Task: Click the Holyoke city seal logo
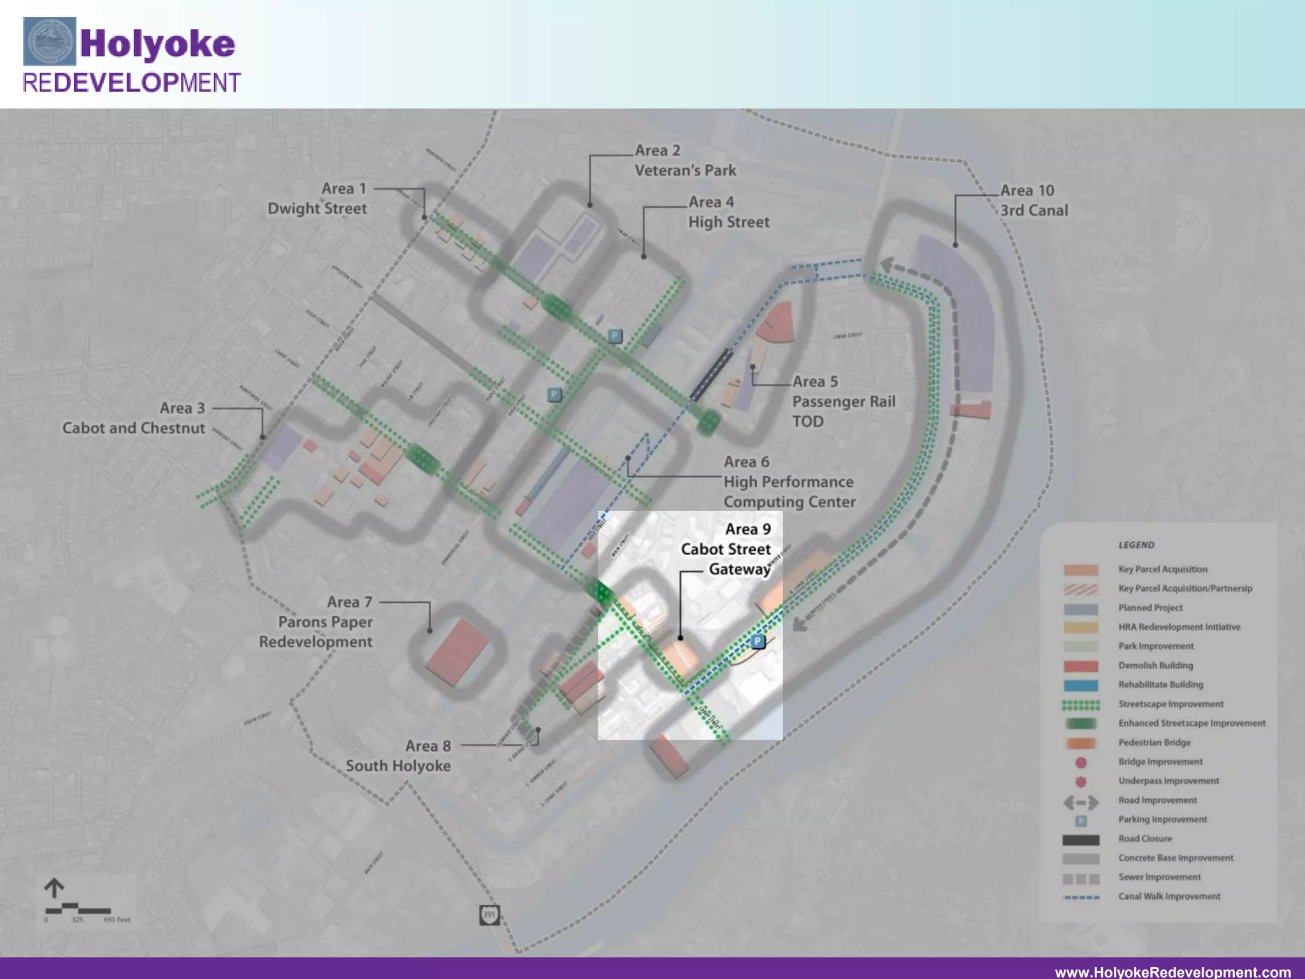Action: (49, 41)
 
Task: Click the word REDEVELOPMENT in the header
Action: (131, 83)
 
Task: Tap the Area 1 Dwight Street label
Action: (317, 199)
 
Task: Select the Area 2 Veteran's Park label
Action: (685, 161)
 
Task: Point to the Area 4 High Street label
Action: (728, 212)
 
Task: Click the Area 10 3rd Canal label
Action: (1033, 200)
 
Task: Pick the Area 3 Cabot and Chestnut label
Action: (134, 418)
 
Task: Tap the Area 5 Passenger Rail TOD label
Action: (843, 401)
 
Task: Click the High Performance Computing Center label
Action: (789, 482)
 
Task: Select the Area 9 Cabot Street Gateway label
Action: (726, 549)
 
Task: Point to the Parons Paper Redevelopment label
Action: (316, 622)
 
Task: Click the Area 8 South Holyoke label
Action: (398, 756)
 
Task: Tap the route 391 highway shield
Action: (489, 915)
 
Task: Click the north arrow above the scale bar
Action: (54, 888)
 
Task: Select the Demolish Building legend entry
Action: (1155, 665)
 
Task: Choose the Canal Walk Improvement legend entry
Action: (1169, 896)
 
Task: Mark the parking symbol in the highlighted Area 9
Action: (758, 641)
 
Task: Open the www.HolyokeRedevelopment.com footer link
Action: (1172, 971)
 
